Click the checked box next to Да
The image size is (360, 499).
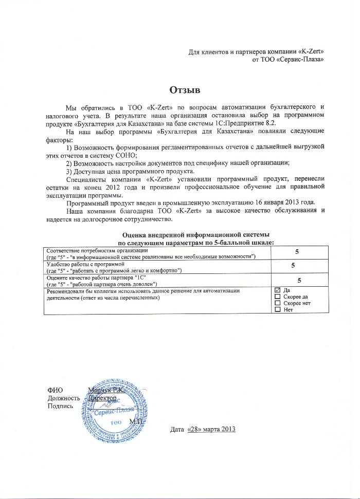pyautogui.click(x=278, y=290)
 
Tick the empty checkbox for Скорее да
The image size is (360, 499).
pyautogui.click(x=278, y=297)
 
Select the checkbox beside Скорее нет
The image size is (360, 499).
pyautogui.click(x=278, y=304)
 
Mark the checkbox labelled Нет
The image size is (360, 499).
pyautogui.click(x=278, y=310)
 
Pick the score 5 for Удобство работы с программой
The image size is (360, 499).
pyautogui.click(x=293, y=266)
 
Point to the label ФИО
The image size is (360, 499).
pyautogui.click(x=55, y=391)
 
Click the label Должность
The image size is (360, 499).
pyautogui.click(x=63, y=398)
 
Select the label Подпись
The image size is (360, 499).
pyautogui.click(x=60, y=406)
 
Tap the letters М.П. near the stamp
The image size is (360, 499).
pyautogui.click(x=137, y=421)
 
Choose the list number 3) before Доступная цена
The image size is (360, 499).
pyautogui.click(x=70, y=171)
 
